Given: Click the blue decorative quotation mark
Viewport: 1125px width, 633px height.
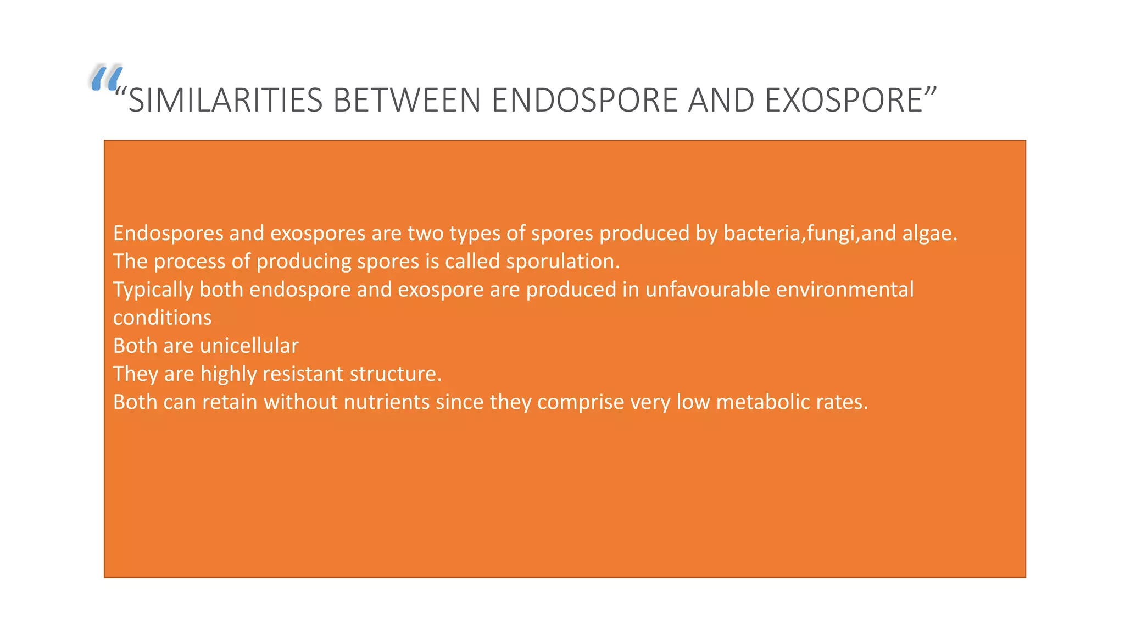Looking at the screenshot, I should coord(106,78).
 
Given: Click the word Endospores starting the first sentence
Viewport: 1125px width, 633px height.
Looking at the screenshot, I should coord(168,234).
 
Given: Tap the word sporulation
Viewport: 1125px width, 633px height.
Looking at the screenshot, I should coord(562,262).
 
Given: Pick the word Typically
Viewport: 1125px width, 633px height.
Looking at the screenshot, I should coord(153,290).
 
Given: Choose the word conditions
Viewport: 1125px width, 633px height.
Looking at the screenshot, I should coord(162,318).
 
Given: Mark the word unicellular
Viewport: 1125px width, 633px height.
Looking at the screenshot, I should coord(249,346).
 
